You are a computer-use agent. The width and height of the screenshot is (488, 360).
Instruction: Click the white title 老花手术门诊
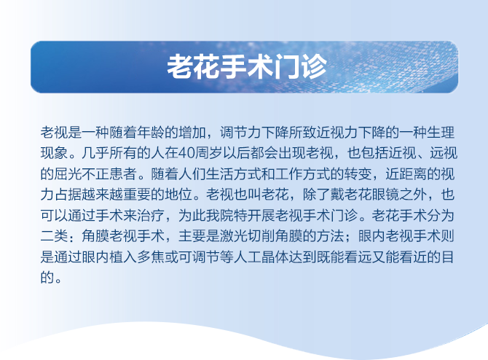click(x=244, y=67)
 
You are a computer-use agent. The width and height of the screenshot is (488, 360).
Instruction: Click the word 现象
click(x=55, y=154)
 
